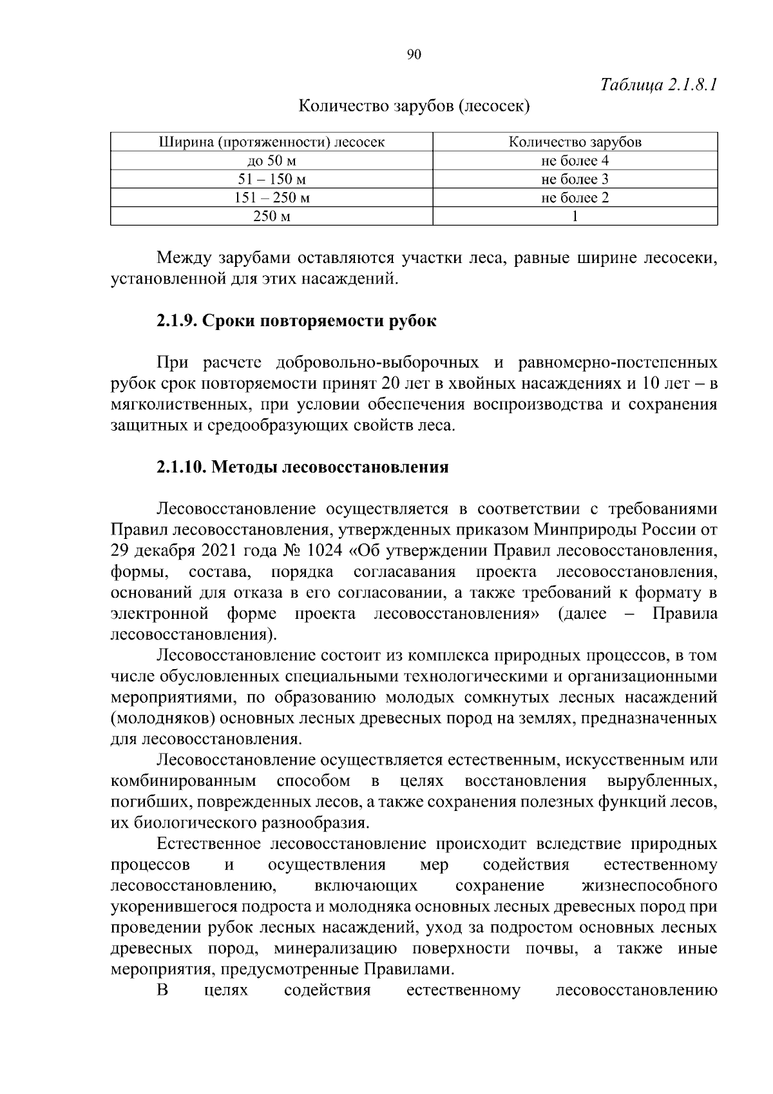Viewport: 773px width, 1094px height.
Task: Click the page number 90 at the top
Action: click(414, 55)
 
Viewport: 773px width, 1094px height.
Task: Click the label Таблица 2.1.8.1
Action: click(658, 84)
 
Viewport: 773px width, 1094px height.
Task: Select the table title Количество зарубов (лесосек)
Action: click(414, 106)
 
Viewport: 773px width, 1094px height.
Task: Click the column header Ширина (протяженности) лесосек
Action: click(271, 142)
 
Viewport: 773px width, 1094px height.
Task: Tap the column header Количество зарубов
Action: click(575, 142)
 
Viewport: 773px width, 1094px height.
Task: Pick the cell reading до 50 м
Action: click(271, 161)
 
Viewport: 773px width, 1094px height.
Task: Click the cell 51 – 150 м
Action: click(271, 179)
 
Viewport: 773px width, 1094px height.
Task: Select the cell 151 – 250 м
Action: click(271, 198)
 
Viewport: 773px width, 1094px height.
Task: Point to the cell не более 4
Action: click(575, 161)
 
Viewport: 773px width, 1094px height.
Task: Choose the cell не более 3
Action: click(575, 179)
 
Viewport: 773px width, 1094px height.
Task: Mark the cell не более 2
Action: click(575, 198)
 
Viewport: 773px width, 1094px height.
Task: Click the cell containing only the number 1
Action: click(575, 217)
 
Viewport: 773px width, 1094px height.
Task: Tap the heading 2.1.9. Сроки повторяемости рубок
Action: click(296, 320)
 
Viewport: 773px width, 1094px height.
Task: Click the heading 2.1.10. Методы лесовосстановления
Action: click(302, 467)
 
